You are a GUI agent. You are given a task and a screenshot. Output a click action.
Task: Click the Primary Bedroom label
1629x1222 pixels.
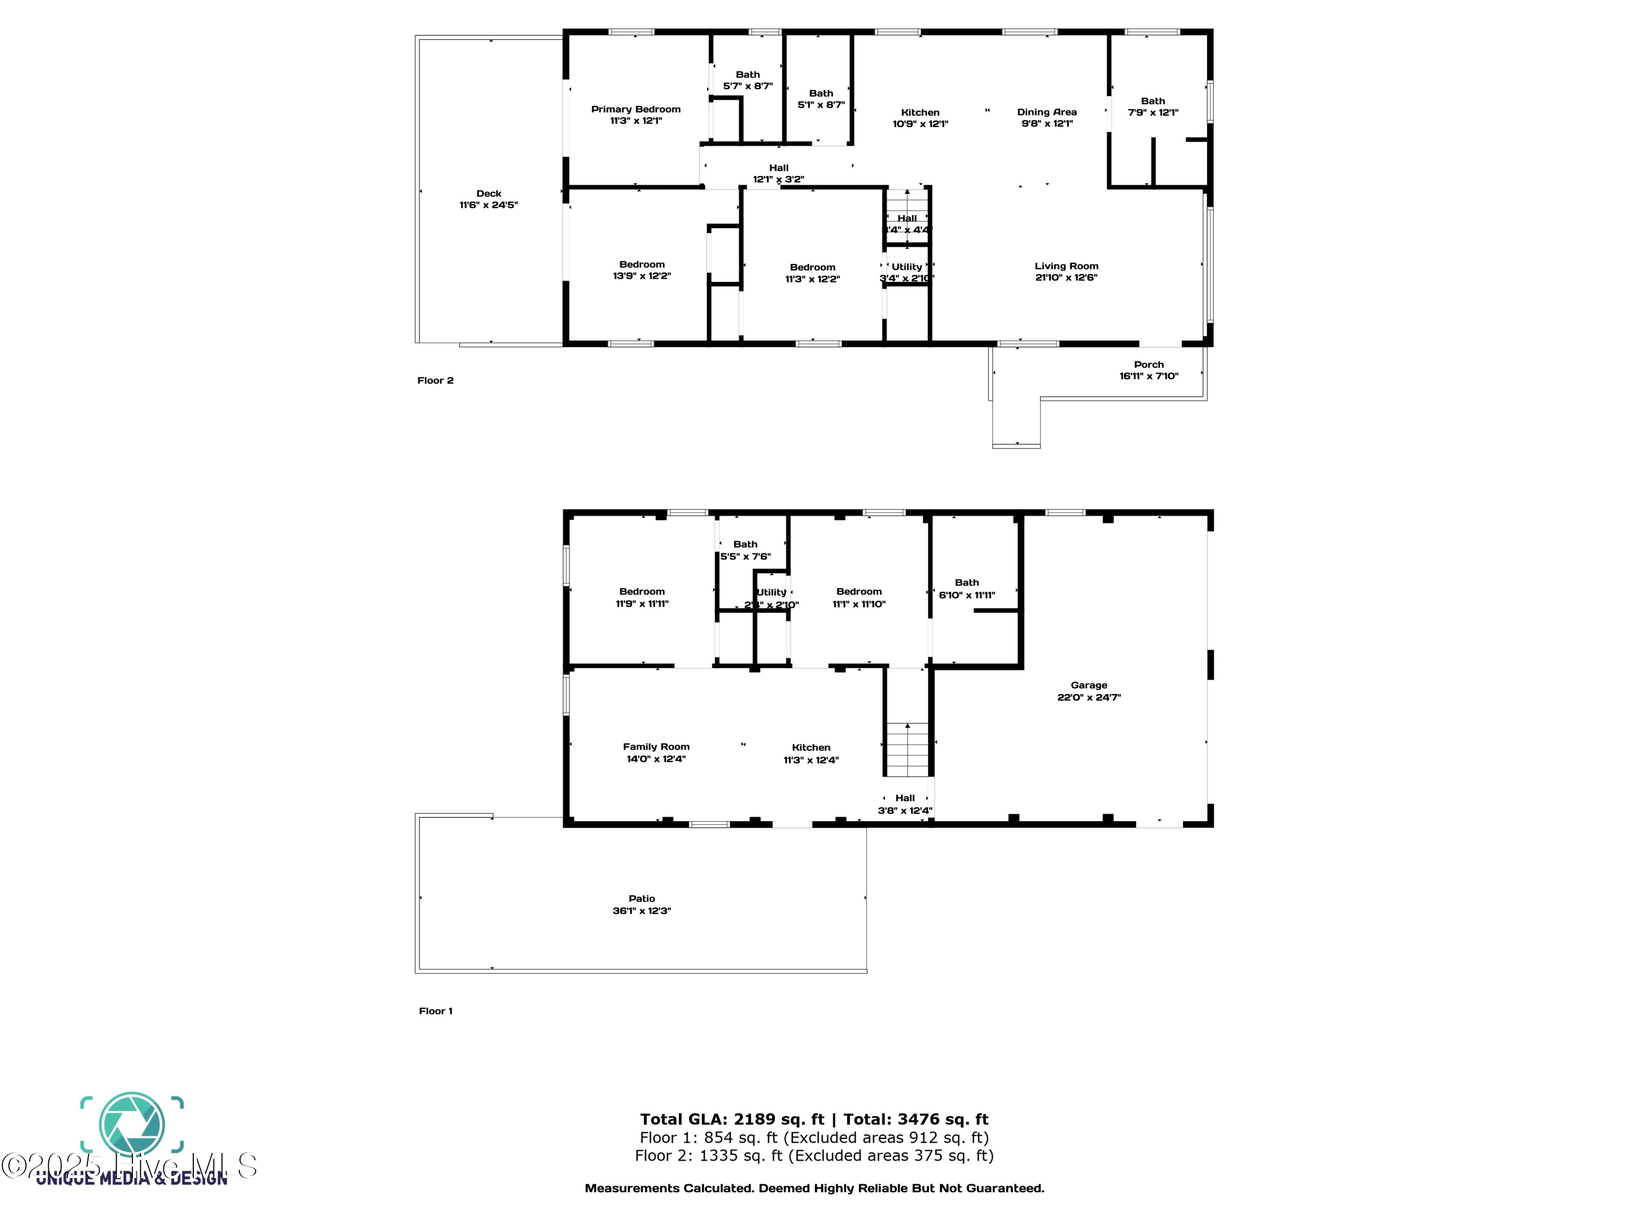coord(635,109)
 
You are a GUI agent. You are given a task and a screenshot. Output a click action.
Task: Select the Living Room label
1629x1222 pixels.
coord(1065,266)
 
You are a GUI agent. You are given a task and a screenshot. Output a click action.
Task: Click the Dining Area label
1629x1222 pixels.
coord(1046,112)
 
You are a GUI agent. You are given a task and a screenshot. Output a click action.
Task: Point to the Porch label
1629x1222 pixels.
coord(1148,364)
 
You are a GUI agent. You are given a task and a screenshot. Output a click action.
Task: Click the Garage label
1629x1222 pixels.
coord(1089,685)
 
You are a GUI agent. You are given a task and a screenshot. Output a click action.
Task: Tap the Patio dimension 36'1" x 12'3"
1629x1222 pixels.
coord(641,910)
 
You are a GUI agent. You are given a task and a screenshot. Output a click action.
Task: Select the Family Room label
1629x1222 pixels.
coord(655,746)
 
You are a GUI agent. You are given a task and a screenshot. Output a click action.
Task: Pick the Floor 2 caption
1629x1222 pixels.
coord(435,380)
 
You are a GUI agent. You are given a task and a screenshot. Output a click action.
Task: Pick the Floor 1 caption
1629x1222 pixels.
coord(435,1011)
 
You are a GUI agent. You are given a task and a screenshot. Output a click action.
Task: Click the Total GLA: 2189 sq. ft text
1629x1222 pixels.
coord(731,1119)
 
